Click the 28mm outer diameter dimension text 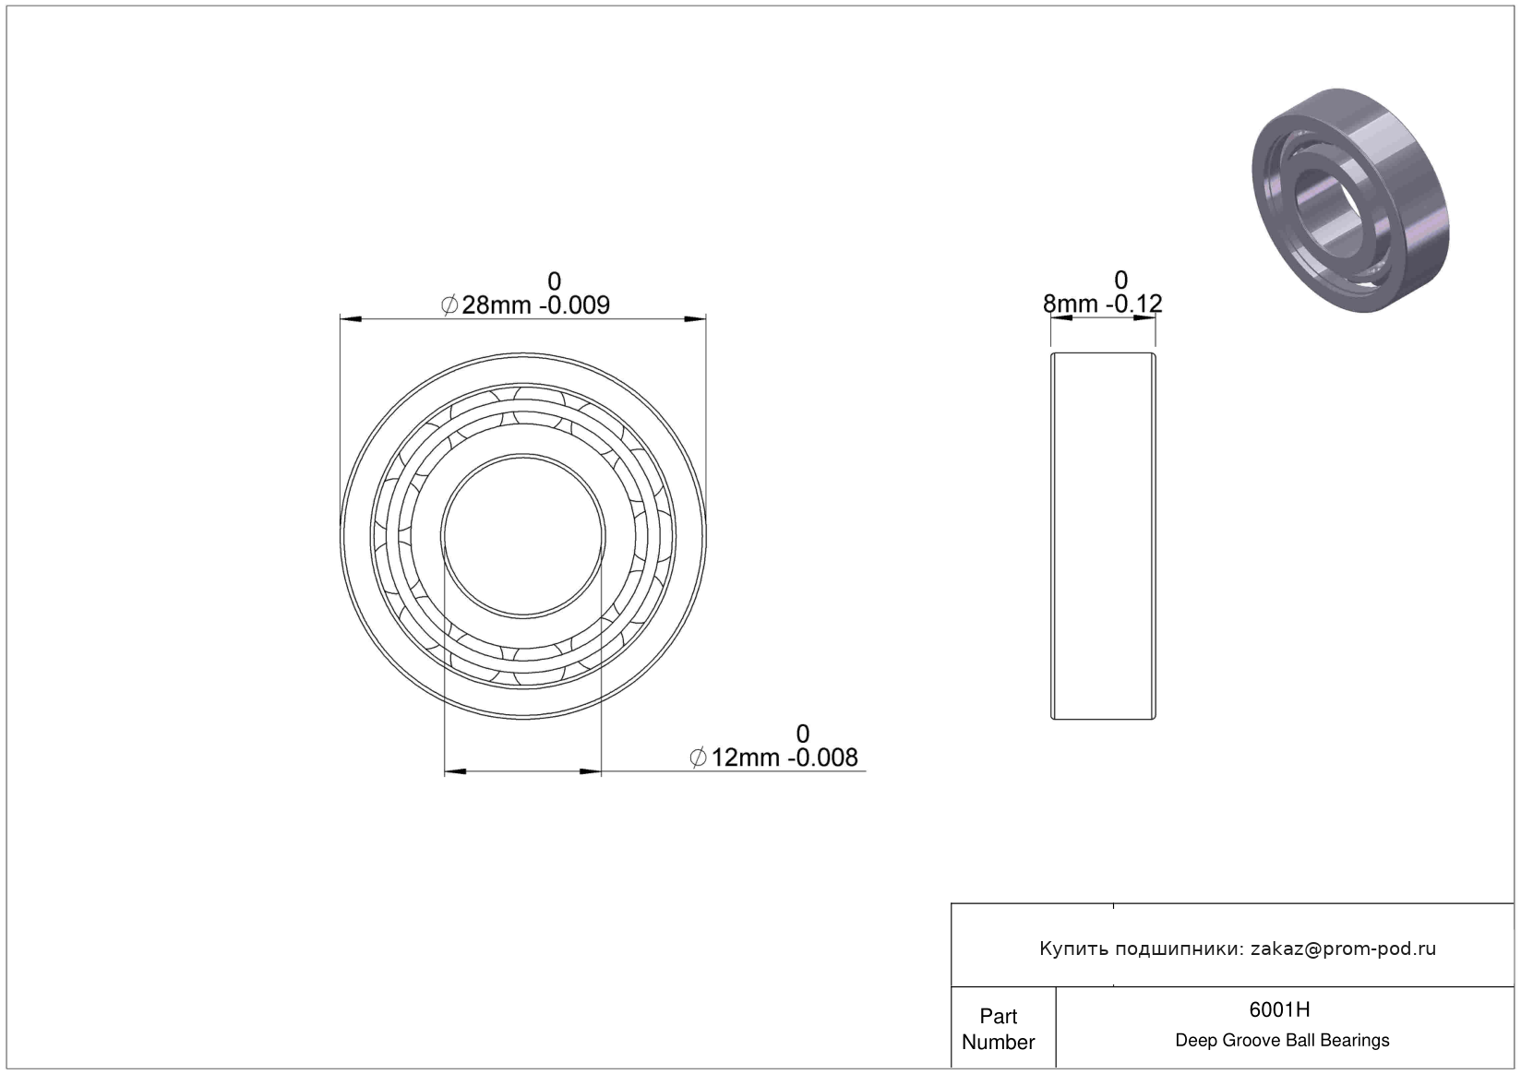[x=497, y=305]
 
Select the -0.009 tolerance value [x=574, y=305]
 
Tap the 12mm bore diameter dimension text [x=745, y=758]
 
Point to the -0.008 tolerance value [x=823, y=758]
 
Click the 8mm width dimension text [x=1070, y=304]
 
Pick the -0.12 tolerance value [x=1134, y=304]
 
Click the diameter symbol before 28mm [x=449, y=305]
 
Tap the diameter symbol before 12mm [x=698, y=758]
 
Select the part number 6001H [x=1279, y=1009]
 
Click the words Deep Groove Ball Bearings [x=1282, y=1040]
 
